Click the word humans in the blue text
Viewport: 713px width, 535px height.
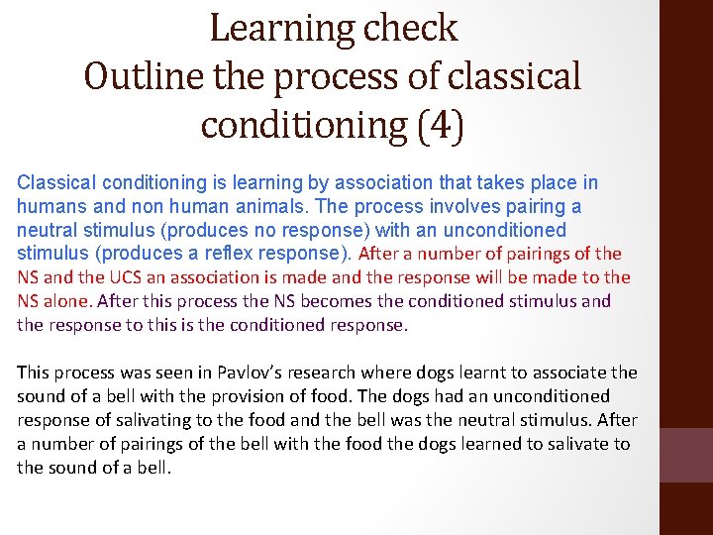[48, 206]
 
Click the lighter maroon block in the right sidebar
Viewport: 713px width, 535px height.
[685, 455]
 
